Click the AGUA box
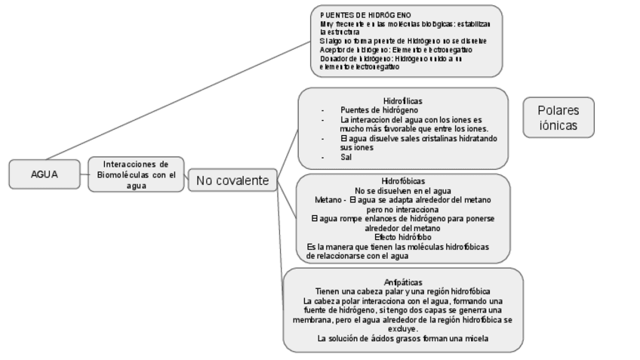pyautogui.click(x=45, y=174)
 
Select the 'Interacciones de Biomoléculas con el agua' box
pyautogui.click(x=136, y=174)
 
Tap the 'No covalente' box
pyautogui.click(x=232, y=180)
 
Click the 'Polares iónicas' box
pyautogui.click(x=558, y=118)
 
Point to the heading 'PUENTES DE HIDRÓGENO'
pyautogui.click(x=365, y=15)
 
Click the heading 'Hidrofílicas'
pyautogui.click(x=403, y=101)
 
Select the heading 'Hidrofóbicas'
pyautogui.click(x=403, y=181)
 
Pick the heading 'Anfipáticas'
pyautogui.click(x=403, y=282)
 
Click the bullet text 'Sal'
pyautogui.click(x=346, y=157)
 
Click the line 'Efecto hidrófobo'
pyautogui.click(x=403, y=237)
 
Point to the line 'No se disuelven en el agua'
pyautogui.click(x=403, y=191)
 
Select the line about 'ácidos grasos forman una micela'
pyautogui.click(x=403, y=339)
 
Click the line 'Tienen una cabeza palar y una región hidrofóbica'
pyautogui.click(x=403, y=291)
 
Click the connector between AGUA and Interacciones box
pyautogui.click(x=84, y=174)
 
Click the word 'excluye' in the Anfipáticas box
pyautogui.click(x=403, y=329)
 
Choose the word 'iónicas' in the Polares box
pyautogui.click(x=558, y=126)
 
